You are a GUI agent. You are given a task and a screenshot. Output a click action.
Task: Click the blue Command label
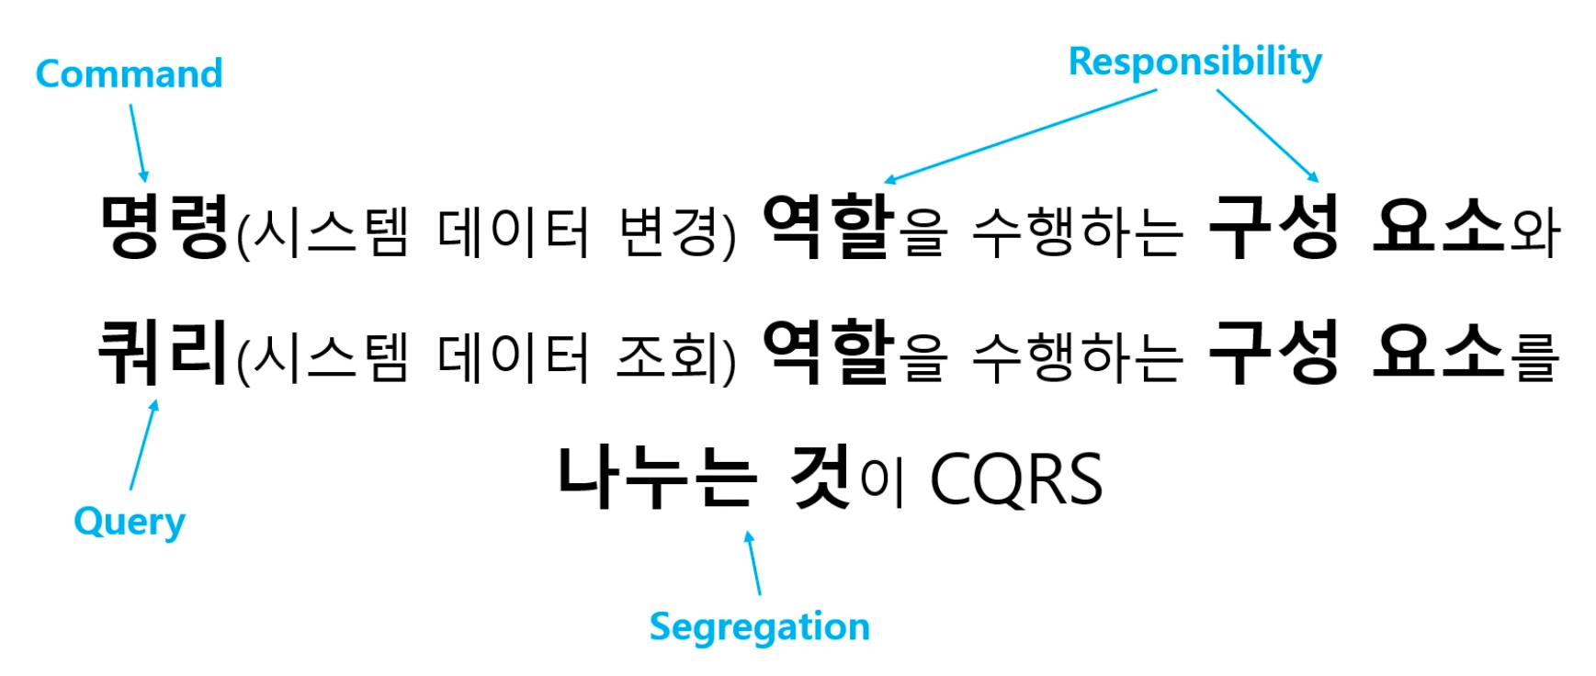pos(129,74)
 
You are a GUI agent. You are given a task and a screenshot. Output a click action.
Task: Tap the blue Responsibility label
pos(1194,62)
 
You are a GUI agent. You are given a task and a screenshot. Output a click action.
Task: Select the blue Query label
pos(130,522)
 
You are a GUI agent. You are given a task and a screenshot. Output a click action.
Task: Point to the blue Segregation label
pos(759,627)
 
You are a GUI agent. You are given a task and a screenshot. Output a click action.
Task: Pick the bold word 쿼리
pos(163,352)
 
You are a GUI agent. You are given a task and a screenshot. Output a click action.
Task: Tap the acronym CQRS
pos(1016,479)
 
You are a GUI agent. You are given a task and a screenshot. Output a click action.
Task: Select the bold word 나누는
pos(658,477)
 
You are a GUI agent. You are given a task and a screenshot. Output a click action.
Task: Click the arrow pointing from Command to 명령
pos(138,141)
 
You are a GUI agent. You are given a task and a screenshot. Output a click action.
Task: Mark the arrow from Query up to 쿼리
pos(143,445)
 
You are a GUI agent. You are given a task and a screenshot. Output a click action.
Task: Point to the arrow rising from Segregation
pos(753,563)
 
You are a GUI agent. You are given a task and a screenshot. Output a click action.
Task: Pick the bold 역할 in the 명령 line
pos(828,227)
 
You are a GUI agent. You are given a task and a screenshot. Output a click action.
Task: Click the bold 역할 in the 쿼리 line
pos(828,352)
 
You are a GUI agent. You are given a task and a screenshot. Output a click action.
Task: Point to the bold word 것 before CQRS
pos(821,477)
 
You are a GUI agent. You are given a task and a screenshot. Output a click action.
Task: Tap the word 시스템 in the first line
pos(330,231)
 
